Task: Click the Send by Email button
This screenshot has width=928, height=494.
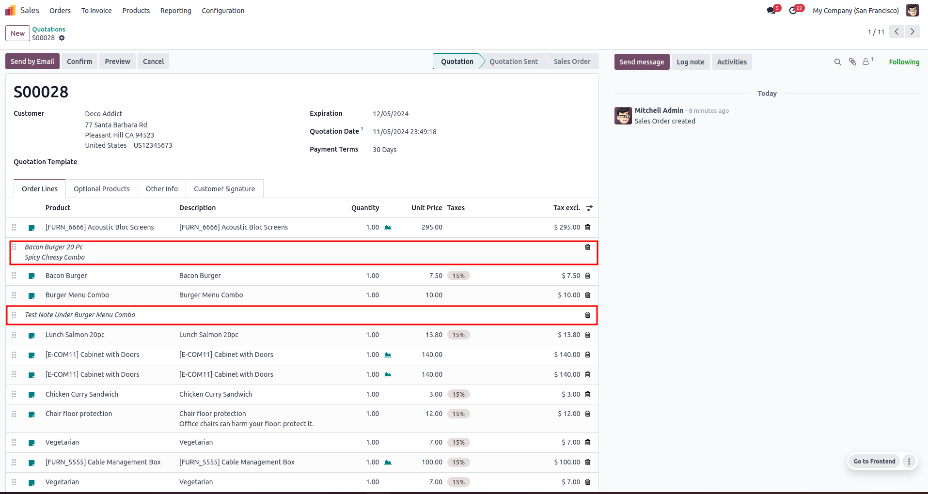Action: click(x=32, y=62)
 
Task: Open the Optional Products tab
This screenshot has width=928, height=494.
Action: click(x=102, y=189)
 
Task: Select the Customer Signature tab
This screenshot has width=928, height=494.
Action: click(x=224, y=189)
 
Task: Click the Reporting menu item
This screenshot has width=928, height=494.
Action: click(x=176, y=11)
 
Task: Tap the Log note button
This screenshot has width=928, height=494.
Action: click(x=691, y=62)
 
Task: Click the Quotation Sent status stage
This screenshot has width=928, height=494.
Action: click(x=514, y=62)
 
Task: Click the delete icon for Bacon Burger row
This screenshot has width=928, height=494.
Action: click(x=588, y=276)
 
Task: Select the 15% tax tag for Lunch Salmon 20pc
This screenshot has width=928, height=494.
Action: click(x=458, y=335)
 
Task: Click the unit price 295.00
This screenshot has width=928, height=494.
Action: click(x=432, y=227)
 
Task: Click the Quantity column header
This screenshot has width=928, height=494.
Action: click(x=365, y=208)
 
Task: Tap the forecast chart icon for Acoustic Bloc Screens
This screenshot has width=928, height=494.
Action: click(x=388, y=227)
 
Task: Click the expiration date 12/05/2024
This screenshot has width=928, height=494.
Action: click(x=391, y=114)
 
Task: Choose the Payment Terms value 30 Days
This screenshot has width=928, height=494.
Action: click(x=385, y=150)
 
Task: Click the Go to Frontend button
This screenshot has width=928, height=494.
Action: click(x=875, y=462)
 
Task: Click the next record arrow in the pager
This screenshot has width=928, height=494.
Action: click(x=912, y=31)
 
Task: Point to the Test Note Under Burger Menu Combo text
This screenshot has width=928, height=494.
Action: click(x=80, y=315)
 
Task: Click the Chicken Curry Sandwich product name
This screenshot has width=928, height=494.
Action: click(x=82, y=394)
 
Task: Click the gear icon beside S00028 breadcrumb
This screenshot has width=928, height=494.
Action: click(x=62, y=38)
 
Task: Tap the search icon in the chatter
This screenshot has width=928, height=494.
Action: click(x=837, y=62)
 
